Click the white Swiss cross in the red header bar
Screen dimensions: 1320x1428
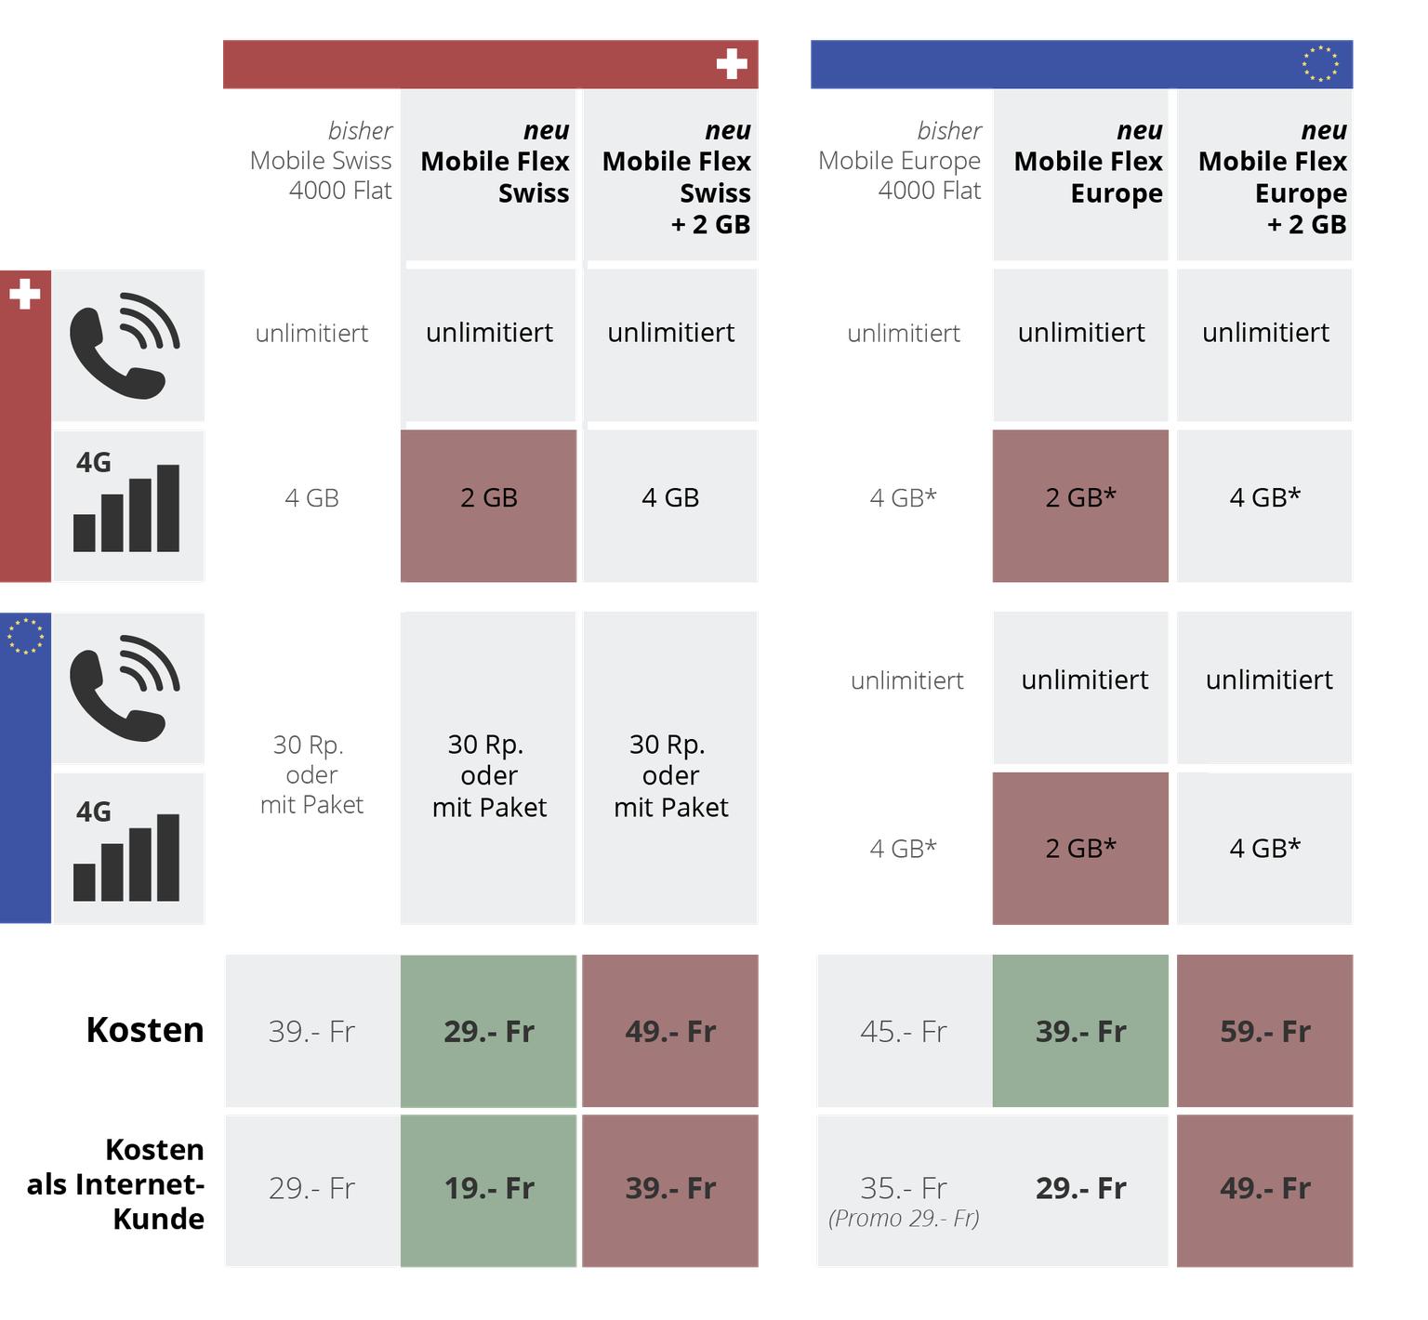coord(732,64)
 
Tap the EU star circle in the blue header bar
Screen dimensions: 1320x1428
coord(1320,64)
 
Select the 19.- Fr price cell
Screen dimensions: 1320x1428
coord(489,1189)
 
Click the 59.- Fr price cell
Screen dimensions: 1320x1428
coord(1265,1032)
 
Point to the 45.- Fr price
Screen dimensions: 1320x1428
coord(904,1032)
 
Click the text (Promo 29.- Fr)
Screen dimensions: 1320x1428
coord(904,1218)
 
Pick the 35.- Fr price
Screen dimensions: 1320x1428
coord(904,1188)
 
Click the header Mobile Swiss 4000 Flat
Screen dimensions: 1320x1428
coord(322,161)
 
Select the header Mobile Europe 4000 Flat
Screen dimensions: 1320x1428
coord(902,161)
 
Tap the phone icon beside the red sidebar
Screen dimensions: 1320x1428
coord(126,346)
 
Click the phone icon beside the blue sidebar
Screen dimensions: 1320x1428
coord(126,688)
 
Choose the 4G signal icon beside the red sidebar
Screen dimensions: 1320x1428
coord(126,505)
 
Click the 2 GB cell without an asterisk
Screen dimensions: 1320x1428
coord(489,498)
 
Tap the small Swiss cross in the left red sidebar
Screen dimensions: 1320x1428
coord(25,295)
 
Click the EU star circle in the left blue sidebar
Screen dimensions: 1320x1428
coord(25,637)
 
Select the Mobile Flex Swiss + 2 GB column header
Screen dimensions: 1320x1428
coord(677,178)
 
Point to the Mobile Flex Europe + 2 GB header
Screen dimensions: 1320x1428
coord(1273,178)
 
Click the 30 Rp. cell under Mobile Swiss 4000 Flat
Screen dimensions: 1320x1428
coord(311,774)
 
